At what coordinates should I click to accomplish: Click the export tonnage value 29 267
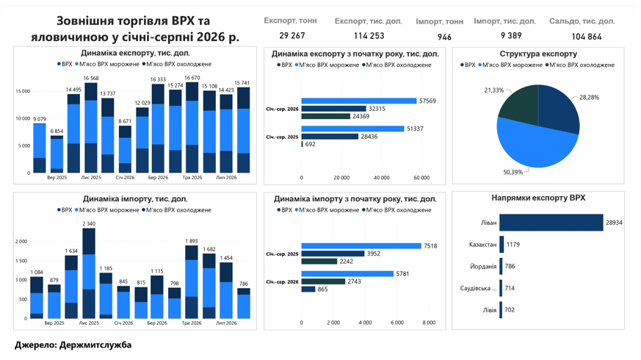(292, 35)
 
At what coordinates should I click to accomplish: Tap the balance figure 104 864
(587, 37)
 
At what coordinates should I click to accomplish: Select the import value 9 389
(511, 35)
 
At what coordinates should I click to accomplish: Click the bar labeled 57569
(359, 101)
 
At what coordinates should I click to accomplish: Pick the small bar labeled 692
(302, 144)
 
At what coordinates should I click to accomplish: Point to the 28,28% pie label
(589, 98)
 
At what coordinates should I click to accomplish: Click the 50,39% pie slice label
(513, 172)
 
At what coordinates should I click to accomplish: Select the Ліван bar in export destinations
(551, 223)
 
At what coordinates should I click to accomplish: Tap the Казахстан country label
(483, 245)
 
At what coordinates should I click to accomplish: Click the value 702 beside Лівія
(510, 310)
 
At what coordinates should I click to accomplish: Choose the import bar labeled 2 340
(89, 273)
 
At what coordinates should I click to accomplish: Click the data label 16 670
(192, 78)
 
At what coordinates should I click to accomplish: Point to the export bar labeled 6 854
(57, 154)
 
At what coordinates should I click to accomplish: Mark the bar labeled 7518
(361, 246)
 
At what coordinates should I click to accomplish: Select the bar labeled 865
(308, 289)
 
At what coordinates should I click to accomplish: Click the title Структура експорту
(538, 54)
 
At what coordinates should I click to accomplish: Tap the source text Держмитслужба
(95, 345)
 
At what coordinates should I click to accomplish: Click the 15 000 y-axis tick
(23, 91)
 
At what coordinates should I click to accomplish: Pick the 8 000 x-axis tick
(429, 323)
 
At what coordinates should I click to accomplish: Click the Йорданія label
(483, 266)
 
